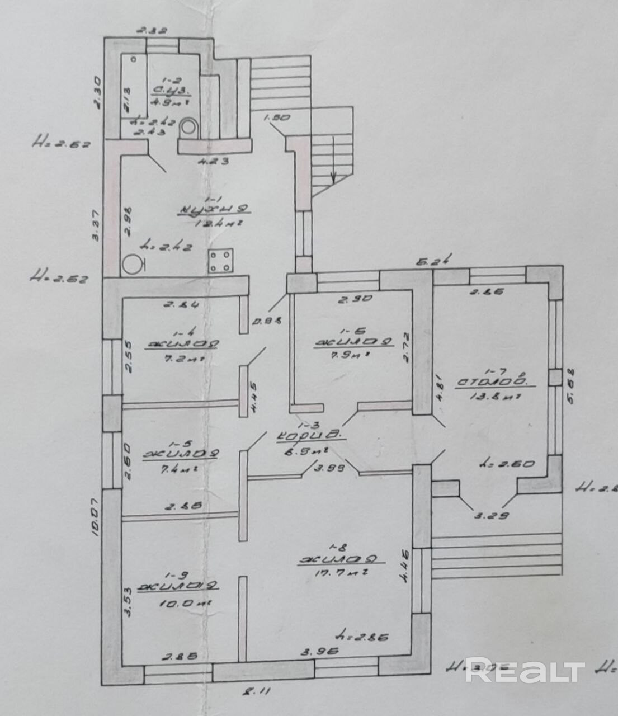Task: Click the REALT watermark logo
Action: pyautogui.click(x=525, y=671)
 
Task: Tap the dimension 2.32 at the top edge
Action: pyautogui.click(x=152, y=31)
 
